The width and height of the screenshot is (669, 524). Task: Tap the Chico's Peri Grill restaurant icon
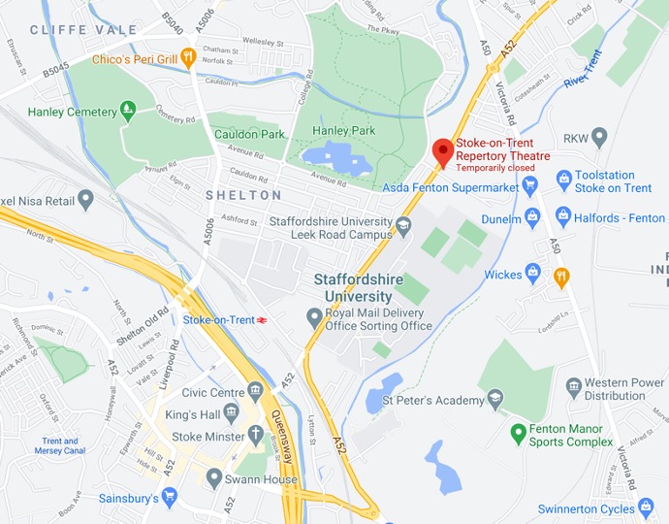coord(189,57)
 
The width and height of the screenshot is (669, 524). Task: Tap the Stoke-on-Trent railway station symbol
coord(262,319)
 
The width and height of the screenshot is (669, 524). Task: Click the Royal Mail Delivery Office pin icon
coord(313,316)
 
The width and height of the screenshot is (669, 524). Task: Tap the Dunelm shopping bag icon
coord(531,217)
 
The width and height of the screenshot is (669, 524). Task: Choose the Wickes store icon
coord(531,274)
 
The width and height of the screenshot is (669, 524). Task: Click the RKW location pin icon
coord(598,137)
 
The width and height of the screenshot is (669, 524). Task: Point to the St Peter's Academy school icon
coord(494,399)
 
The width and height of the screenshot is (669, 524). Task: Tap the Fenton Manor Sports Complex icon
coord(519,431)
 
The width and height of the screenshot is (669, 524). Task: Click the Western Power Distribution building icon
coord(574,388)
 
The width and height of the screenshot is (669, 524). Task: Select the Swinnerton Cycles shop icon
coord(645,508)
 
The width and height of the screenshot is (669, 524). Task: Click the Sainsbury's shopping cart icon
coord(170,498)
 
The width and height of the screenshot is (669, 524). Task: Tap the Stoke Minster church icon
coord(255,436)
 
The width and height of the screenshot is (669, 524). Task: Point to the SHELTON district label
coord(243,195)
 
